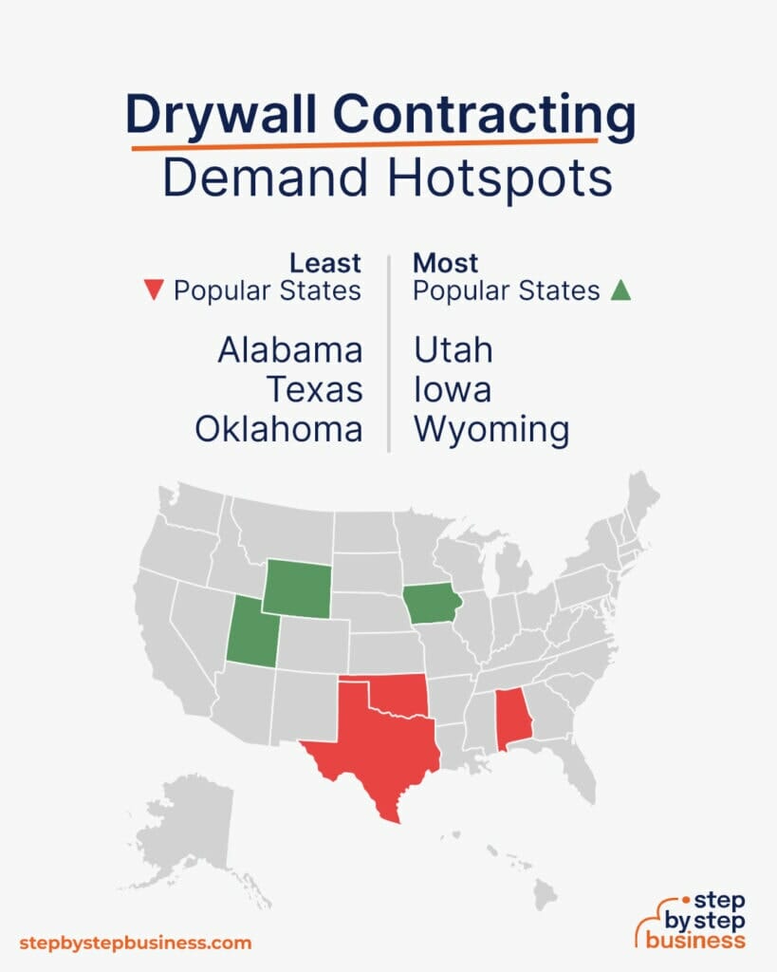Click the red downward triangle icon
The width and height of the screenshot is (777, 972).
click(x=152, y=291)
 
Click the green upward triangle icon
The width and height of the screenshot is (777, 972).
click(x=620, y=291)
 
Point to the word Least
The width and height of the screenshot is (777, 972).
click(x=325, y=263)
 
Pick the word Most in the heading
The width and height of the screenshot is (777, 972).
click(x=446, y=263)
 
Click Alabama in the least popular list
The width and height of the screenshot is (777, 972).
click(x=290, y=350)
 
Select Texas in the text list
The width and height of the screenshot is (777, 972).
click(x=314, y=390)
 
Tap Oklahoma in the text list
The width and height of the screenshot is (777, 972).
click(x=279, y=430)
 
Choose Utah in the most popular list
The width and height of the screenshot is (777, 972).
click(x=453, y=350)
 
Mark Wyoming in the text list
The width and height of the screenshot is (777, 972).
click(x=491, y=430)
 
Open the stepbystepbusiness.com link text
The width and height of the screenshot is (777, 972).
click(x=136, y=943)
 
